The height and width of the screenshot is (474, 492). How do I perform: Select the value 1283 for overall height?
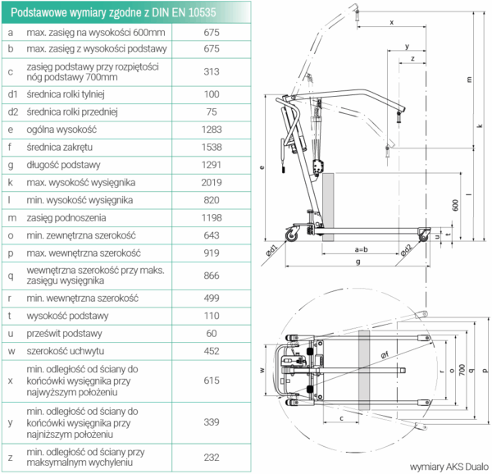[x=212, y=129]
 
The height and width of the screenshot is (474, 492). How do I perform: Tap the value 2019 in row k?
[x=212, y=181]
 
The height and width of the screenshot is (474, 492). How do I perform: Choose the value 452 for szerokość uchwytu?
[x=212, y=352]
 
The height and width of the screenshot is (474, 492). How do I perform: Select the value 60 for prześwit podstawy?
[x=212, y=334]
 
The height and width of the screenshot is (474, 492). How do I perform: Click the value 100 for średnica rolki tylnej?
[x=212, y=94]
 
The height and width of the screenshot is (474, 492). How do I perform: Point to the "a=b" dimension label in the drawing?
[x=362, y=248]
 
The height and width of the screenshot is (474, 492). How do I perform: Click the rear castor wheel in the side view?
[x=292, y=238]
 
